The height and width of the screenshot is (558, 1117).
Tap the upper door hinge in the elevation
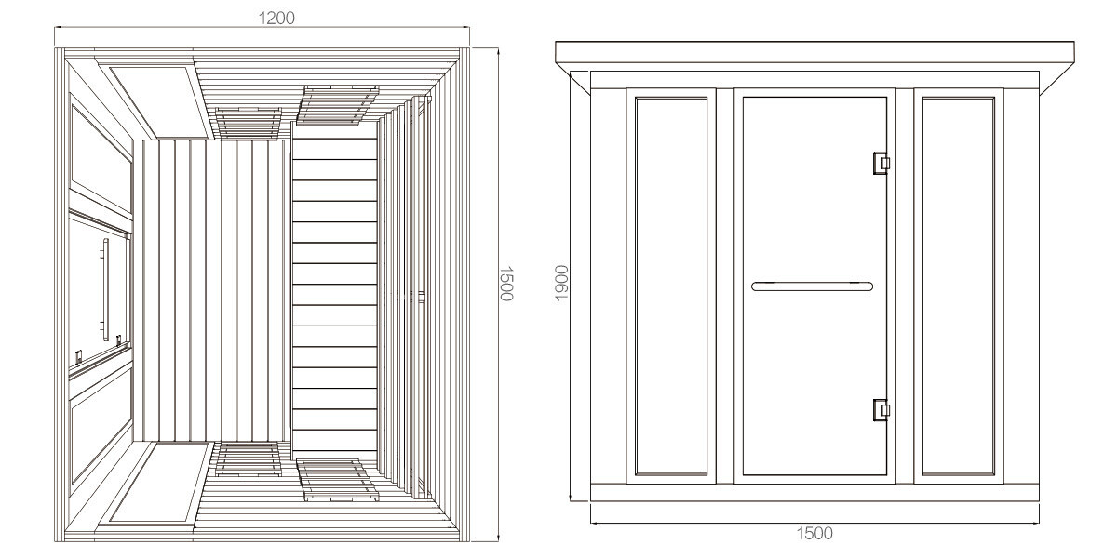[880, 163]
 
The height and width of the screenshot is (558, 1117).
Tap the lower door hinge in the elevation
[880, 409]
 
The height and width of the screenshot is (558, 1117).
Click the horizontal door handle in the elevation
[812, 286]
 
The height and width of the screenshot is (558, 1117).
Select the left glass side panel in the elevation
[670, 286]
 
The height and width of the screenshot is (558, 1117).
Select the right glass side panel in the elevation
[958, 286]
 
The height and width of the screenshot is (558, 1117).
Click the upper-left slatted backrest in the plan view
[248, 122]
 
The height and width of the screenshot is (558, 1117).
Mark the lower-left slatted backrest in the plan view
[248, 458]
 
